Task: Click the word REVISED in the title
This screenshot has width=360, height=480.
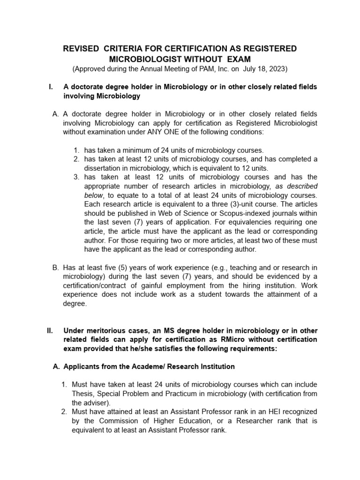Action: pyautogui.click(x=81, y=49)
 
